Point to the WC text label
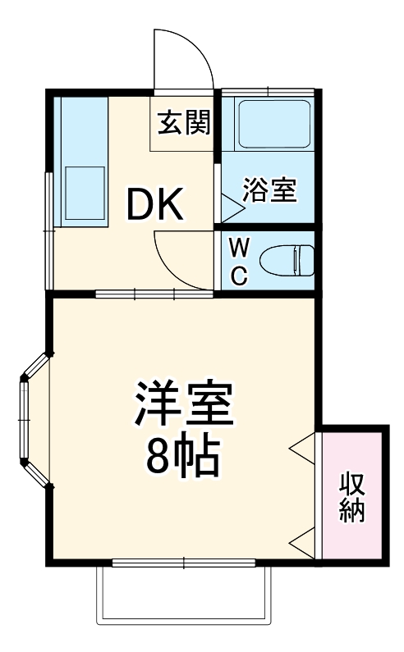click(x=238, y=261)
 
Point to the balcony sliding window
click(x=183, y=563)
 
